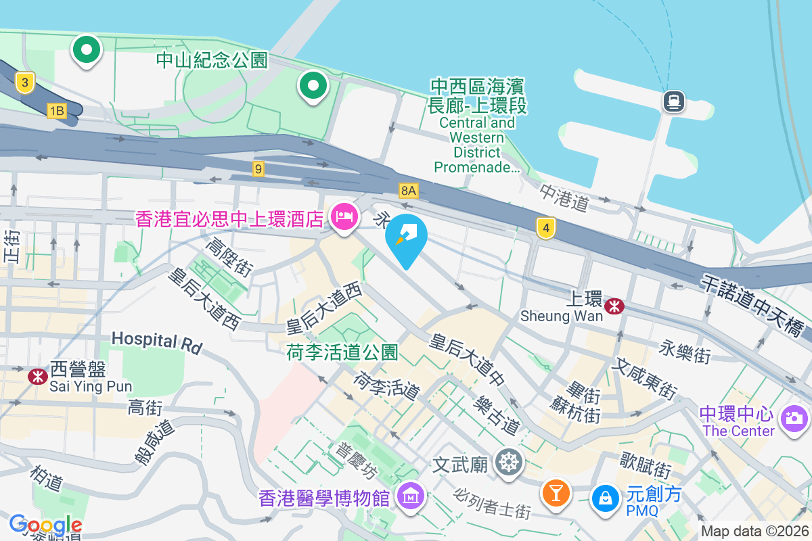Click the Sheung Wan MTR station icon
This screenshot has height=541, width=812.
coord(614,306)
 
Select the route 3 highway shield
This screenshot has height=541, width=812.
coord(24,83)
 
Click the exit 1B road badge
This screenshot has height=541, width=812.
coord(57,111)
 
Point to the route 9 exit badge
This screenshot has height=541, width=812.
coord(258,169)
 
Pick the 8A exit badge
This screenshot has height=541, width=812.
coord(408,191)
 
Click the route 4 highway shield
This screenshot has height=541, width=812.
coord(546,228)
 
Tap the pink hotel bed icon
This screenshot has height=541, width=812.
coord(344,218)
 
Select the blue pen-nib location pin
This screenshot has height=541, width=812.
coord(407,238)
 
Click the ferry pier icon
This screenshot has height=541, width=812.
coord(675,102)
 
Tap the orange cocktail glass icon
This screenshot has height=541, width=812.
coord(556,492)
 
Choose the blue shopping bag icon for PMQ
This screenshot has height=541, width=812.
coord(605,498)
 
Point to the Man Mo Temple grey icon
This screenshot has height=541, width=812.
coord(508,463)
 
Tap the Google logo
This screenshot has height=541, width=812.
coord(45,524)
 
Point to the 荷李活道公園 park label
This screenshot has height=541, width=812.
coord(342,352)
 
